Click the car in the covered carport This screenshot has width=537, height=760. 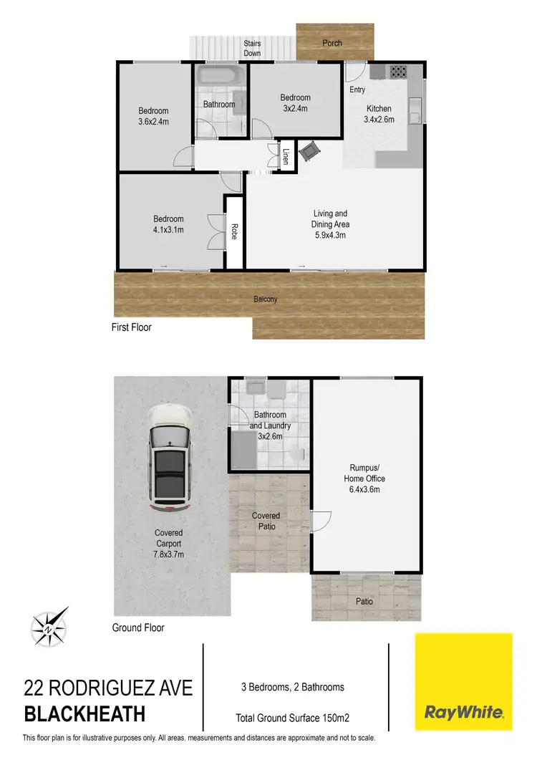click(x=169, y=458)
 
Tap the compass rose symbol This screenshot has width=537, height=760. click(x=49, y=626)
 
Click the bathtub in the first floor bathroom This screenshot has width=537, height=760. click(x=220, y=77)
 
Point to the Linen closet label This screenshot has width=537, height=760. click(x=286, y=156)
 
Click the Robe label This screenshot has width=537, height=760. click(x=234, y=232)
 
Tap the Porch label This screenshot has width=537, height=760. click(x=332, y=43)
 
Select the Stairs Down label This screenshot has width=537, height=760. click(x=252, y=48)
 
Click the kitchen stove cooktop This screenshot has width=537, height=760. click(x=397, y=71)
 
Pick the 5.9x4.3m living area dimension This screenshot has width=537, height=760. click(x=331, y=234)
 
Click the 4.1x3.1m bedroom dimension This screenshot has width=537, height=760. click(x=168, y=230)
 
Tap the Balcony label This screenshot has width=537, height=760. click(x=265, y=299)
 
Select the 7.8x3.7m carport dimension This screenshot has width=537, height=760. click(x=169, y=553)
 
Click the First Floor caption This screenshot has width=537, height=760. click(x=132, y=327)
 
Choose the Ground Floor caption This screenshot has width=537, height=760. click(x=138, y=627)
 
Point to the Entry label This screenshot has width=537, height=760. click(x=357, y=90)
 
